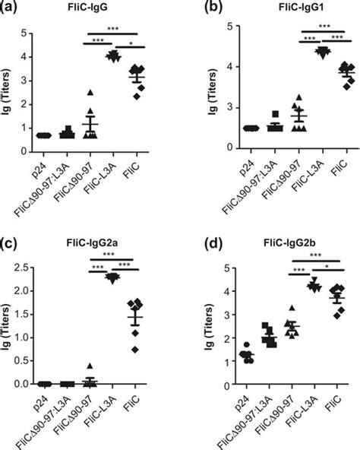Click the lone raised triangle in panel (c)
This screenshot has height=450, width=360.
pyautogui.click(x=89, y=366)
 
